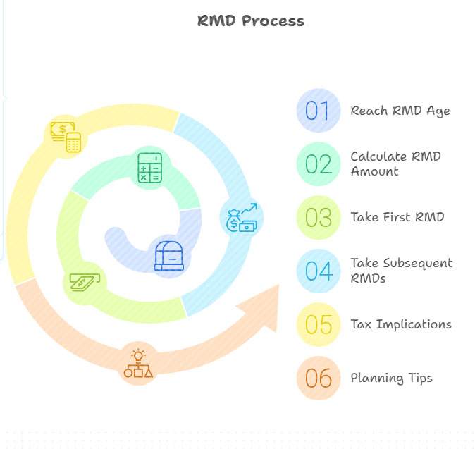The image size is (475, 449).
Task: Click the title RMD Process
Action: click(251, 20)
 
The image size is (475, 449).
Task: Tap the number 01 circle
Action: click(319, 111)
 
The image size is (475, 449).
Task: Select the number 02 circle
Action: click(319, 164)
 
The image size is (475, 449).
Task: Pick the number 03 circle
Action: click(319, 217)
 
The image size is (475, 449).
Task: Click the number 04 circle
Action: click(319, 271)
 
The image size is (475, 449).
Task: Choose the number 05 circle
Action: click(319, 324)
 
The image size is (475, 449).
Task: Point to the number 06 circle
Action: click(319, 378)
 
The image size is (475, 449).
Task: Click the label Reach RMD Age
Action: click(400, 111)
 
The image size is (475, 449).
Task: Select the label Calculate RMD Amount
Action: click(395, 164)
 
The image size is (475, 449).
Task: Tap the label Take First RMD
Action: click(397, 217)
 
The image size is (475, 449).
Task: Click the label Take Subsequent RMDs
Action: click(401, 270)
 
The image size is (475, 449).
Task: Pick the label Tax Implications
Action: click(401, 324)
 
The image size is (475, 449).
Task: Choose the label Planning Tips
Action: click(391, 378)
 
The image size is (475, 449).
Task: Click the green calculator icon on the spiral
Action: click(150, 168)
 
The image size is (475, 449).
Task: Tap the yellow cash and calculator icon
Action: click(65, 136)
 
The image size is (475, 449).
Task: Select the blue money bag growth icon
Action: click(242, 217)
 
